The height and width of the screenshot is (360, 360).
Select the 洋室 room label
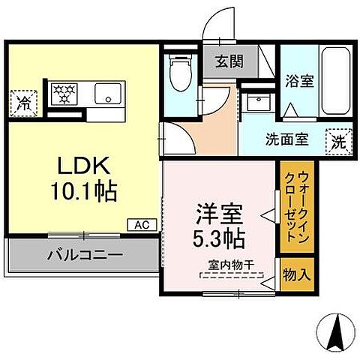tap(219, 214)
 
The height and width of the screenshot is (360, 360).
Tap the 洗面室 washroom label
tap(285, 138)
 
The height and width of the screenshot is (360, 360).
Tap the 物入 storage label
tap(295, 274)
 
